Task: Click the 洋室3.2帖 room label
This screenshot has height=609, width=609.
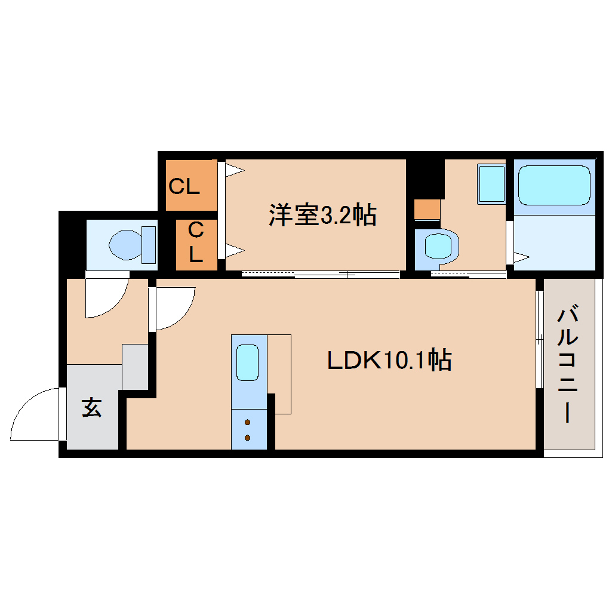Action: point(322,215)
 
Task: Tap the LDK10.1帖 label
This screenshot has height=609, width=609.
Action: point(389,360)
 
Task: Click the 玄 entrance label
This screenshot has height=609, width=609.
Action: point(91,408)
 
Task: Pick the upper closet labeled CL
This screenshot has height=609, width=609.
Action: point(184,187)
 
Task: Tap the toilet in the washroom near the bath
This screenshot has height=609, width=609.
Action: point(438,246)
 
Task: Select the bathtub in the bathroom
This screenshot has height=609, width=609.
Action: point(553,185)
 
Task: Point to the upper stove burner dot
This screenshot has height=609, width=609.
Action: point(248,423)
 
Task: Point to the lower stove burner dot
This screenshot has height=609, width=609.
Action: point(248,438)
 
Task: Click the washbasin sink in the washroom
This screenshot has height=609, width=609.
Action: point(491,183)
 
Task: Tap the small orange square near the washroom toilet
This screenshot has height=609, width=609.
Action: point(427,210)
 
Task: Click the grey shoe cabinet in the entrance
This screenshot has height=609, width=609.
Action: point(135,367)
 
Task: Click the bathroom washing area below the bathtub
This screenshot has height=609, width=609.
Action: point(555,242)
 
